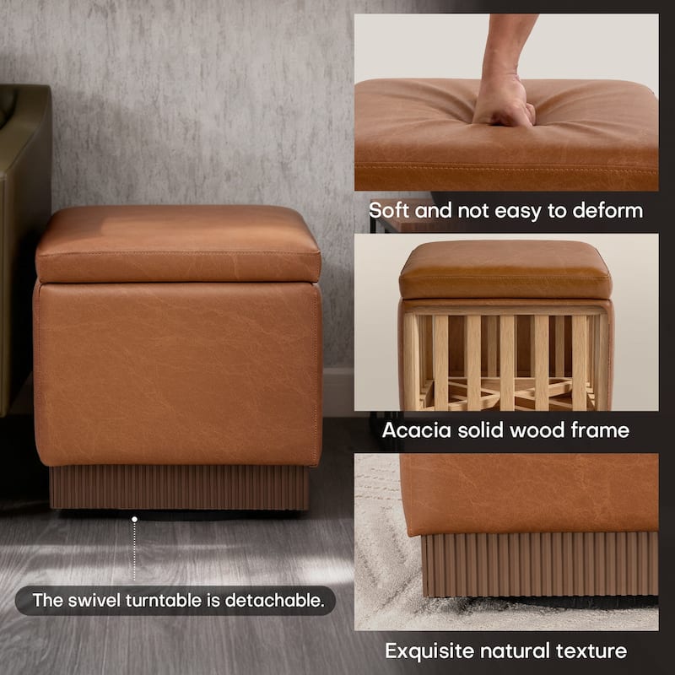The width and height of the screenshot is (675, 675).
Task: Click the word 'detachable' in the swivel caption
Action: click(278, 602)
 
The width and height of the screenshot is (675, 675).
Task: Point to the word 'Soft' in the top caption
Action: click(390, 210)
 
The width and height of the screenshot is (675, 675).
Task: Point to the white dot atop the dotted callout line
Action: click(133, 518)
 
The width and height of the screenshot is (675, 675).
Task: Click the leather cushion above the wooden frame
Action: click(505, 270)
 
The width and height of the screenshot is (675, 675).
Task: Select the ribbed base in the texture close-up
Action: click(540, 564)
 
